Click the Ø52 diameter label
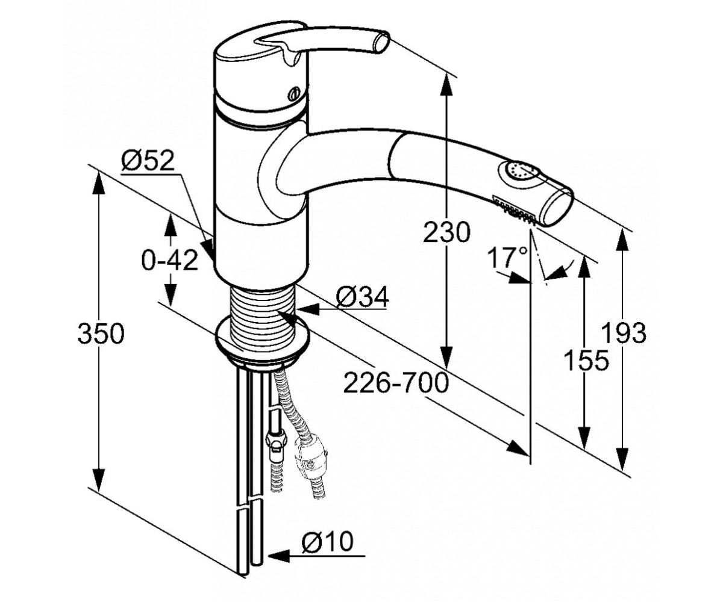[x=148, y=161]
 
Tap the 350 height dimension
[x=101, y=334]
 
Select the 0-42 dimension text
[x=170, y=260]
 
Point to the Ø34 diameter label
[x=363, y=297]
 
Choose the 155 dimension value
[x=586, y=360]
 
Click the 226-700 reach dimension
[x=396, y=383]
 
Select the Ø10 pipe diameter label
[x=328, y=541]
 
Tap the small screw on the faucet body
[x=293, y=94]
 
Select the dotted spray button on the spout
[x=518, y=172]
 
